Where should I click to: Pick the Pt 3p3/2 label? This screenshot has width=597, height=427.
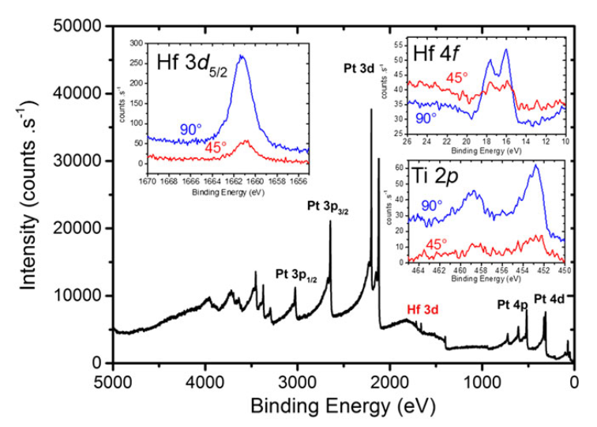pyautogui.click(x=331, y=206)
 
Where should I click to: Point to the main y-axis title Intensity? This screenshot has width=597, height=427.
pyautogui.click(x=29, y=194)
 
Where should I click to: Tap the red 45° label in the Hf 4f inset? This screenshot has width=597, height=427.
pyautogui.click(x=459, y=76)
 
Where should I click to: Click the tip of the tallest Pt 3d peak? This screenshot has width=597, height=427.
pyautogui.click(x=371, y=109)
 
